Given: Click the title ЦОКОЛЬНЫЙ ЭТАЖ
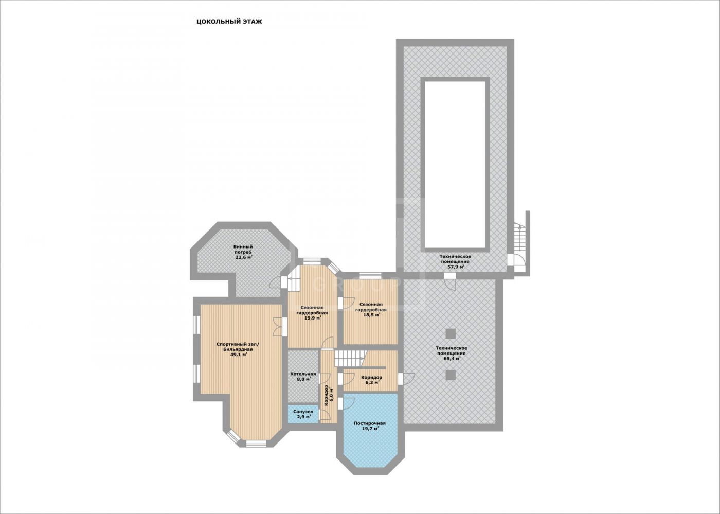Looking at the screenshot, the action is (x=229, y=22).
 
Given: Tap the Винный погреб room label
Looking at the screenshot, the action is (x=243, y=249).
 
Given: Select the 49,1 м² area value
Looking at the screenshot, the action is (x=239, y=355).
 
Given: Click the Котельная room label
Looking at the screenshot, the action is (x=303, y=374).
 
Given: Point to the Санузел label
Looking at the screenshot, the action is (x=303, y=412).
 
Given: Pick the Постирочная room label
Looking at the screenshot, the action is (x=370, y=423).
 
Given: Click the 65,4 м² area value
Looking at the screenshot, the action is (x=452, y=359).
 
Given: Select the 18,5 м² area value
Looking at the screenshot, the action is (x=371, y=315).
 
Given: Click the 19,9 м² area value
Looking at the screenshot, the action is (x=313, y=318).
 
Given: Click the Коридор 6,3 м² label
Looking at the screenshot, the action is (x=371, y=380).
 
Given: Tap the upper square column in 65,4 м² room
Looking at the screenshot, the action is (x=451, y=333).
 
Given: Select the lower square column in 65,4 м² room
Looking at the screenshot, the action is (x=451, y=375).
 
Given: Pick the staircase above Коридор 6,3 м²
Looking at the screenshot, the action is (x=351, y=358).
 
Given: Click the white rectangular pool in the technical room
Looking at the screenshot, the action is (x=455, y=164).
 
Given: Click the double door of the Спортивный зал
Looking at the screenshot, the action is (x=278, y=327).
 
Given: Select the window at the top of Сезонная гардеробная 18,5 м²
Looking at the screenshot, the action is (x=370, y=275).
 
